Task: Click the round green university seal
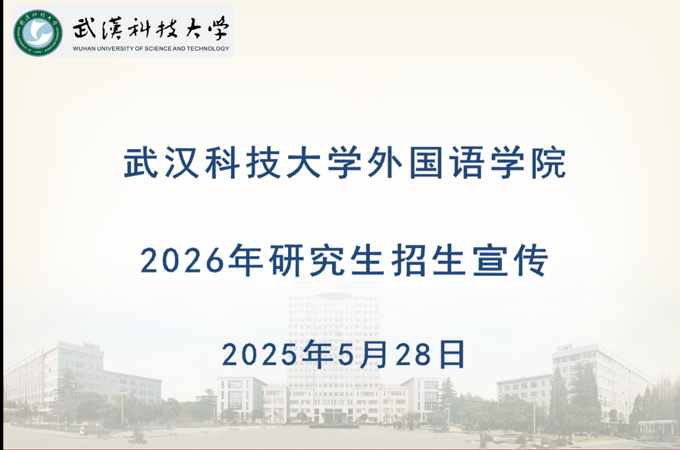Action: tap(38, 33)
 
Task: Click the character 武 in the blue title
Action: tap(141, 163)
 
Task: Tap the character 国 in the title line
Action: tap(426, 163)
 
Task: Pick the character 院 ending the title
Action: tap(548, 163)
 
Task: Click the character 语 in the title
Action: tap(467, 163)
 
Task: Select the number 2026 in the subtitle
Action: tap(182, 260)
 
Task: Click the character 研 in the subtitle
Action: tap(286, 260)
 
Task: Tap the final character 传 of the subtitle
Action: tap(531, 260)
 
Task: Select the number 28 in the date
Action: tap(414, 355)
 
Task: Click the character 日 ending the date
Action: tap(452, 355)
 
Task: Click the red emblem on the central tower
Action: tap(338, 334)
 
